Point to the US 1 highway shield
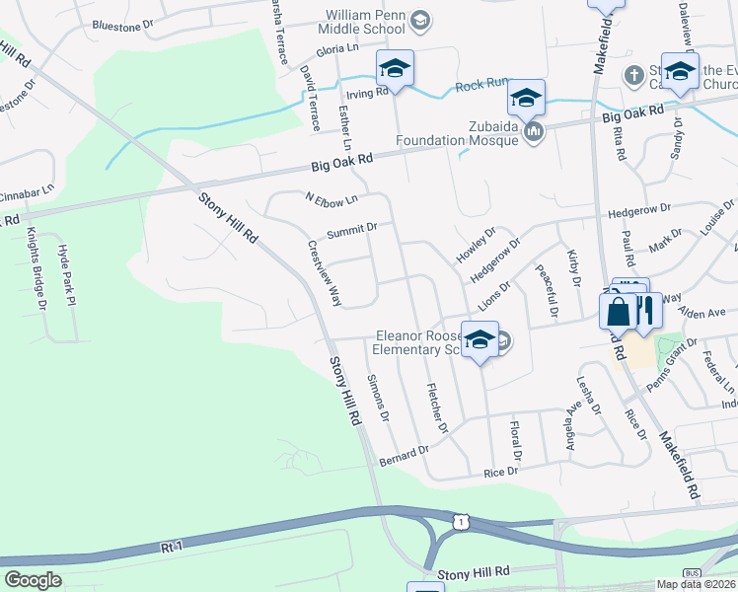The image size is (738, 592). (x=461, y=520)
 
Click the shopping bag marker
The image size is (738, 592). (x=618, y=311)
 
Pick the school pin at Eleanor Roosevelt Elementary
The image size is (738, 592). (x=480, y=340)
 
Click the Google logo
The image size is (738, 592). (x=34, y=580)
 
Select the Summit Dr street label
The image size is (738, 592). (x=352, y=229)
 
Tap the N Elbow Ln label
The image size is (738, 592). (x=331, y=199)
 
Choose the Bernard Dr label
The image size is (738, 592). (x=405, y=456)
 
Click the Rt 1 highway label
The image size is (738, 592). (x=172, y=544)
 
